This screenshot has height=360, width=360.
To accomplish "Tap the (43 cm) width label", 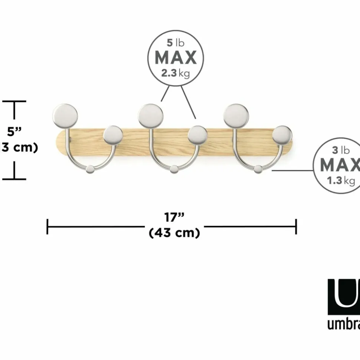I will pyautogui.click(x=174, y=233).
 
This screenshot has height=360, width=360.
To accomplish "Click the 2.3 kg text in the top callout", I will pyautogui.click(x=175, y=73).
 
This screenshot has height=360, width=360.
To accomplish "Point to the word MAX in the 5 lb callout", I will pyautogui.click(x=175, y=58).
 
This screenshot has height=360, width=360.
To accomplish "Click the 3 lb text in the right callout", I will pyautogui.click(x=341, y=150).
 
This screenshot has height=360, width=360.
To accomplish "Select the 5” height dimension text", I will pyautogui.click(x=14, y=132).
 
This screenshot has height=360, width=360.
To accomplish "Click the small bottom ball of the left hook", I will pyautogui.click(x=90, y=170).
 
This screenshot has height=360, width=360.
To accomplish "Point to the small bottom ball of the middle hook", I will pyautogui.click(x=174, y=170).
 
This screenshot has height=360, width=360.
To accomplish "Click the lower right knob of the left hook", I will pyautogui.click(x=113, y=135).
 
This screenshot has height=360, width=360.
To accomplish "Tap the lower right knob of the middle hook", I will pyautogui.click(x=197, y=135).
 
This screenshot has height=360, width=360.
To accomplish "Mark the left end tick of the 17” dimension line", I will pyautogui.click(x=48, y=227).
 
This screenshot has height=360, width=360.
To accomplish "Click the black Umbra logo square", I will pyautogui.click(x=344, y=297).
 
